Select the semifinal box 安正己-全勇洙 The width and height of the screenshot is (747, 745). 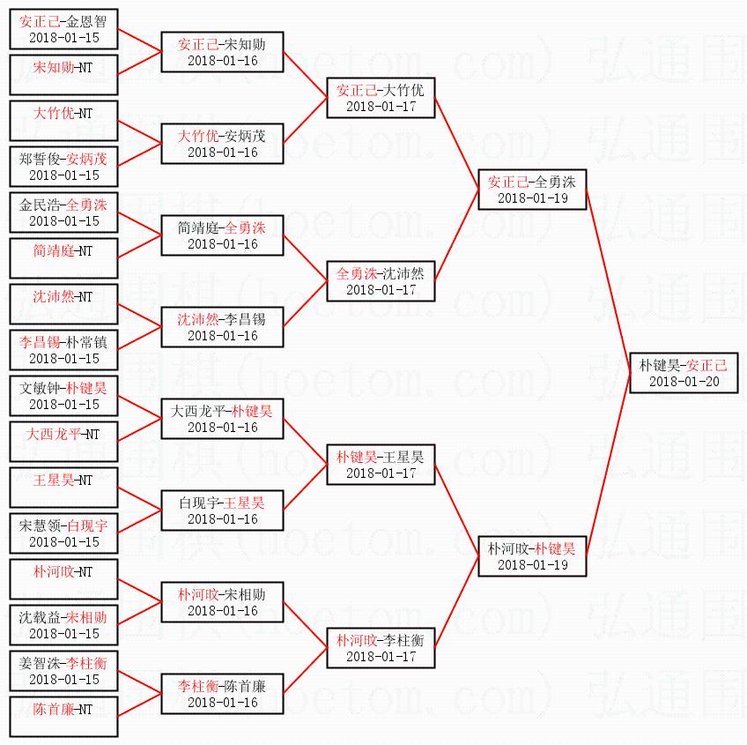(531, 189)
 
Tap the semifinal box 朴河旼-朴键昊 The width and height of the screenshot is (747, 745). (531, 555)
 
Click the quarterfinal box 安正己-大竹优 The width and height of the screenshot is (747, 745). (381, 97)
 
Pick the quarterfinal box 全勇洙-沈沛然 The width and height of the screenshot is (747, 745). (381, 280)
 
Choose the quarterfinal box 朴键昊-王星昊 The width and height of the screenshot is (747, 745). (381, 464)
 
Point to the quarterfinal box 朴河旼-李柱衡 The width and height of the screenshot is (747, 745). (381, 647)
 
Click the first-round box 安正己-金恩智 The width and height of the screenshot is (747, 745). (63, 29)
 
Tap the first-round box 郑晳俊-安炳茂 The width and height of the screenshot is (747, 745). (63, 167)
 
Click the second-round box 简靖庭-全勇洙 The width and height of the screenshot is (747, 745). (222, 235)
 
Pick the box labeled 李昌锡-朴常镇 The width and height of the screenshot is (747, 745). (63, 350)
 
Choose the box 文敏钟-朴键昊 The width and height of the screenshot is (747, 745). (63, 396)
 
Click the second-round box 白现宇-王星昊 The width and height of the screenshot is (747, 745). (222, 510)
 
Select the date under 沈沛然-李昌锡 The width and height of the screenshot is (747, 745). (222, 335)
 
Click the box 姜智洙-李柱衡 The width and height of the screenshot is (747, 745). (63, 671)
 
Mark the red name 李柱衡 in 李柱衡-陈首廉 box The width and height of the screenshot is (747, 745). (197, 685)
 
